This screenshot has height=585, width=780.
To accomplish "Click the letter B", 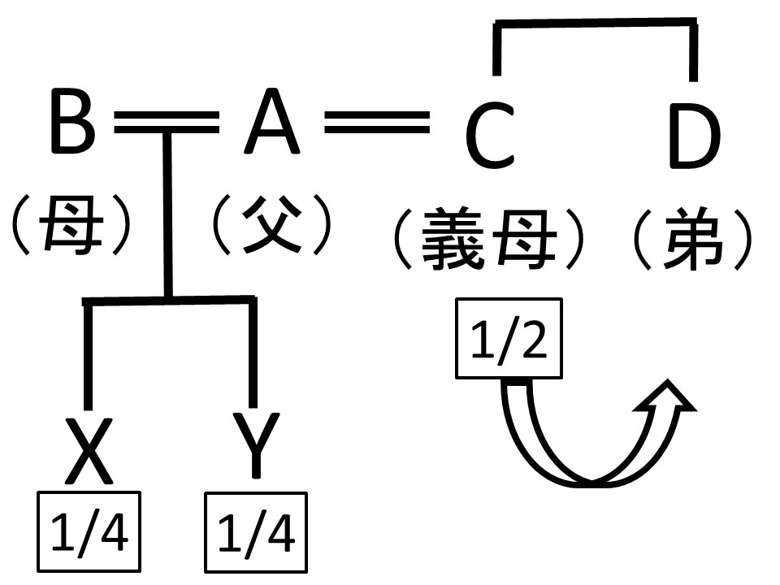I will point(72,123).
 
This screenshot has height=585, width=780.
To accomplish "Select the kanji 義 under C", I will point(456,237).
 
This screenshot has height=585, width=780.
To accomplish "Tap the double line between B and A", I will point(167,123).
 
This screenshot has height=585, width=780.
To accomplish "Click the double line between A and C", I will point(376,123).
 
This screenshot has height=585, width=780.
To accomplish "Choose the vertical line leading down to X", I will point(88,353).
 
